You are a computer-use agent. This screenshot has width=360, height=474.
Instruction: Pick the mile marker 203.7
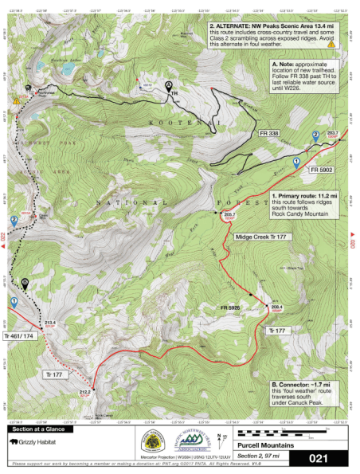333,133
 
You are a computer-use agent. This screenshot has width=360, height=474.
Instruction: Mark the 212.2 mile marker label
86,391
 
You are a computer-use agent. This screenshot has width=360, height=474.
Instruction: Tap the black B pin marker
26,282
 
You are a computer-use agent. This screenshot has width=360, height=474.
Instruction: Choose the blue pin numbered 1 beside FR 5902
296,161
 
